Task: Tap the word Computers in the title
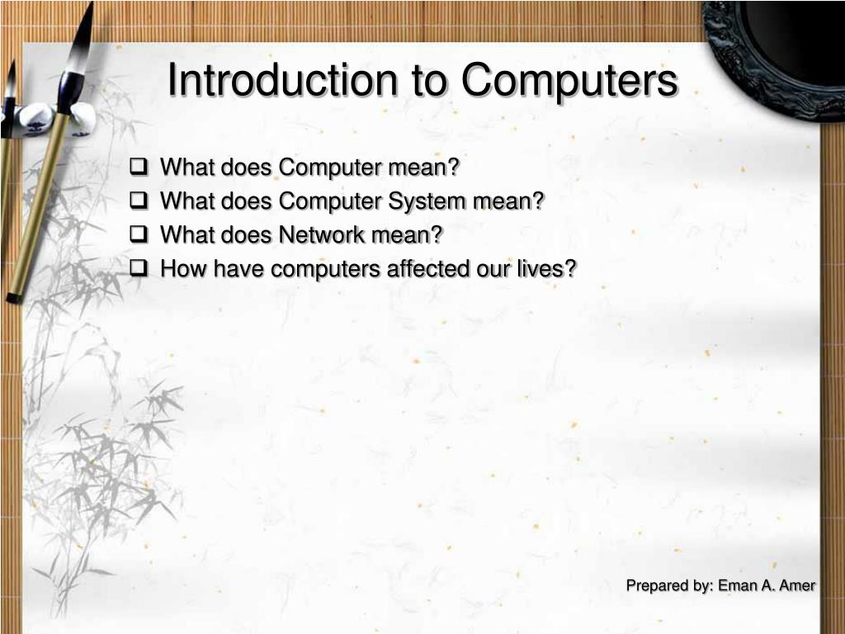[569, 81]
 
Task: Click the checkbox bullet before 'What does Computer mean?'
[139, 167]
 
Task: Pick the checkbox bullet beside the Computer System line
[139, 201]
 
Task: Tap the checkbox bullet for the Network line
[139, 234]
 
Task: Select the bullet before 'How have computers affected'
[139, 268]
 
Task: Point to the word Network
[321, 235]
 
